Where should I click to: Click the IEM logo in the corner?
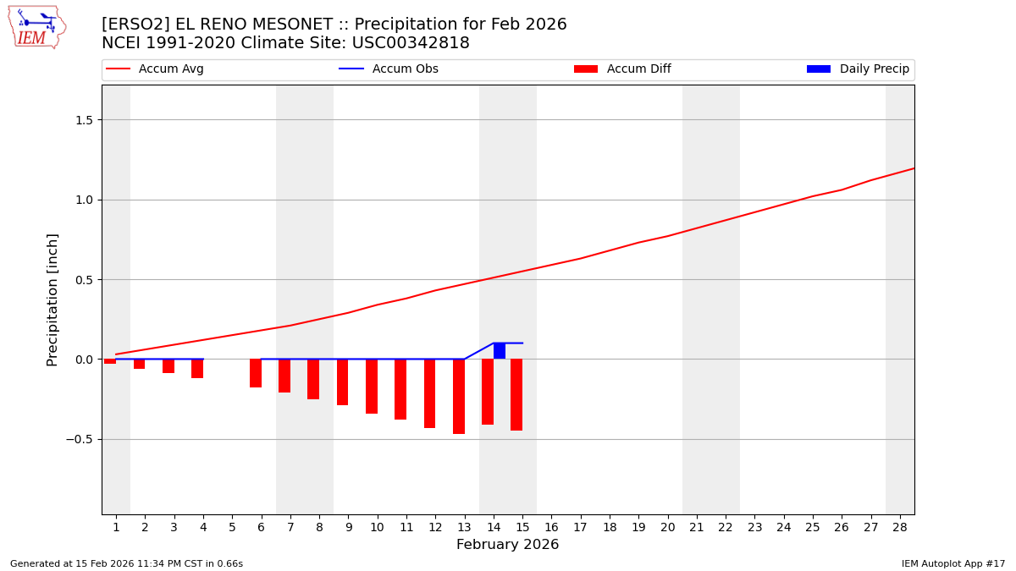click(36, 27)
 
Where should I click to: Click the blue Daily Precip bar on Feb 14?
click(500, 351)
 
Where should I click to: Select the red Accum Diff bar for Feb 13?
click(459, 396)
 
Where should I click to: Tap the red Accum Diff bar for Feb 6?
click(256, 373)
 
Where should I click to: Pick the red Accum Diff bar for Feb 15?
click(516, 394)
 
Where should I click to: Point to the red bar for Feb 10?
click(372, 386)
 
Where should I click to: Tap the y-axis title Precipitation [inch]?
click(52, 299)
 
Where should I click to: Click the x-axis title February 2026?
click(507, 545)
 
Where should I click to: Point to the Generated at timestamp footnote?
click(126, 563)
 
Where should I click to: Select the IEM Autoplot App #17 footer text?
click(953, 563)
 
